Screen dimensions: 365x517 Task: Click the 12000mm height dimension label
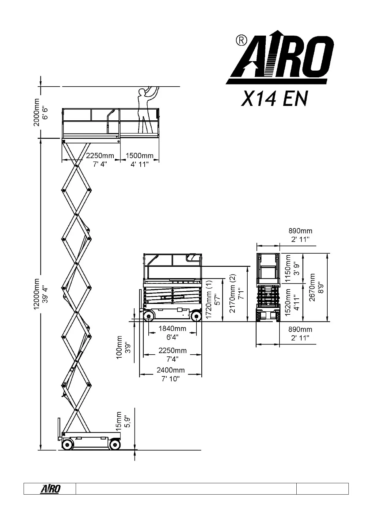(37, 295)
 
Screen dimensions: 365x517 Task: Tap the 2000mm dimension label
(37, 112)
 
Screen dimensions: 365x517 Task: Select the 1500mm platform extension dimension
(139, 156)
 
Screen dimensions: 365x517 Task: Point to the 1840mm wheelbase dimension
(172, 329)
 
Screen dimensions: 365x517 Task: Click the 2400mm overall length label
(171, 370)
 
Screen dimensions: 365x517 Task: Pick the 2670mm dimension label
(312, 288)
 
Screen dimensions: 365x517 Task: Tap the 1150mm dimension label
(288, 268)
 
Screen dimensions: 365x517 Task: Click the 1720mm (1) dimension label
(209, 300)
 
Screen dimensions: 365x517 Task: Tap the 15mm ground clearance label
(119, 420)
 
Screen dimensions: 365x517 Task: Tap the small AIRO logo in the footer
(50, 489)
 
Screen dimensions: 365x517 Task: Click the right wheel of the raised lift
(115, 444)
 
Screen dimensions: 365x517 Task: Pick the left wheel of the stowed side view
(150, 316)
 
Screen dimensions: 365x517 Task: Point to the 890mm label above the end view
(300, 231)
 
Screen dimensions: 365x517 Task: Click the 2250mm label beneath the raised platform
(100, 156)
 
